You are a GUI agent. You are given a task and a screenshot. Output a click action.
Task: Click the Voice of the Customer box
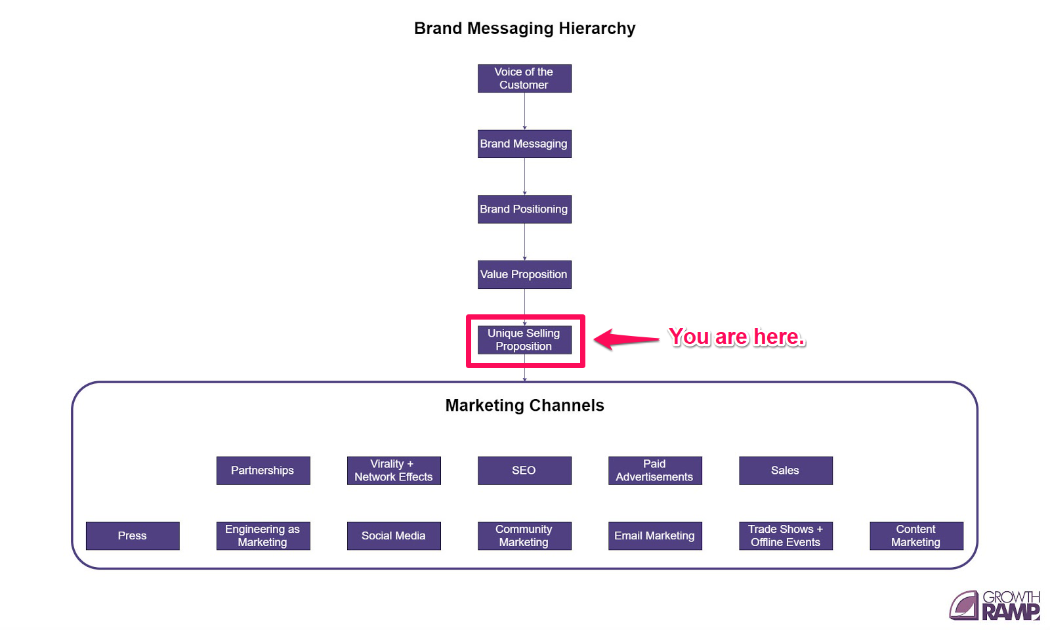(x=524, y=79)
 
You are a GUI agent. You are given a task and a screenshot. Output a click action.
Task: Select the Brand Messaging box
(x=524, y=144)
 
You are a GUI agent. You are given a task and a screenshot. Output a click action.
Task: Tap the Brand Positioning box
(x=524, y=209)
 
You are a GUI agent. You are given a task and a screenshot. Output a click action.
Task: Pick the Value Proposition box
(x=524, y=274)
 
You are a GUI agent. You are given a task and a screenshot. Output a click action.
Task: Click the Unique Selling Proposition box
(x=524, y=340)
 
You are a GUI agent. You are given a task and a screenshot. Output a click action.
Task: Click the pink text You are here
(x=736, y=337)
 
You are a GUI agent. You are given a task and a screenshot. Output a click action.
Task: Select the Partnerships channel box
(x=263, y=471)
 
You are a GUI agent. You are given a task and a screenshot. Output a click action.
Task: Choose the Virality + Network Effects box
(x=394, y=471)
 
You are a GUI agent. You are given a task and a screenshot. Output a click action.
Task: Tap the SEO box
(x=524, y=471)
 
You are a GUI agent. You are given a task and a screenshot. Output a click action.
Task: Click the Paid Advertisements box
(x=655, y=471)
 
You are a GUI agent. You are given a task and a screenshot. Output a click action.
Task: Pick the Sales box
(x=786, y=471)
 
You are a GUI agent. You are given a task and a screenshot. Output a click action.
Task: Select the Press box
(x=133, y=536)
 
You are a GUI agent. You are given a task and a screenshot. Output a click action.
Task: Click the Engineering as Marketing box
(x=263, y=536)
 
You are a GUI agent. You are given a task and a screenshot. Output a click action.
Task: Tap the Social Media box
(x=394, y=536)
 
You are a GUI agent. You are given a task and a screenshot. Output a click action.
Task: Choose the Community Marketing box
(x=524, y=536)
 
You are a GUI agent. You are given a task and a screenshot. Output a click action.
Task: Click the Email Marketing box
(x=655, y=536)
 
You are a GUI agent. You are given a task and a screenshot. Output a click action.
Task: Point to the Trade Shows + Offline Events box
(x=786, y=536)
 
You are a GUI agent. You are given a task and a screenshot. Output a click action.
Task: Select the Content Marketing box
(x=916, y=536)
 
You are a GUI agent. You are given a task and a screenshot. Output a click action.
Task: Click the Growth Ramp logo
(x=995, y=605)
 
